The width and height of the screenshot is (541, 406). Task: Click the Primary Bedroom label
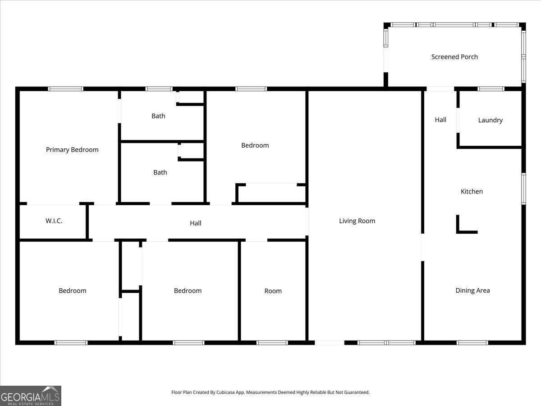pyautogui.click(x=72, y=150)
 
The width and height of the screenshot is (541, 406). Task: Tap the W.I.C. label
pyautogui.click(x=54, y=221)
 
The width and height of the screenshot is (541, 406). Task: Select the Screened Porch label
pyautogui.click(x=454, y=57)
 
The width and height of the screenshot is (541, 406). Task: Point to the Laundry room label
pyautogui.click(x=490, y=120)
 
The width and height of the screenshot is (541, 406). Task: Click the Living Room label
pyautogui.click(x=357, y=221)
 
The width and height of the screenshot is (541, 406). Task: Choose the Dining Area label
pyautogui.click(x=472, y=291)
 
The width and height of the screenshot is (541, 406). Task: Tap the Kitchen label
pyautogui.click(x=472, y=192)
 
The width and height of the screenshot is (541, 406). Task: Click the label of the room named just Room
pyautogui.click(x=273, y=291)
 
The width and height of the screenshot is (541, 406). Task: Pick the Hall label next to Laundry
pyautogui.click(x=440, y=120)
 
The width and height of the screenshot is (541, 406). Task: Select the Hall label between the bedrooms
pyautogui.click(x=196, y=223)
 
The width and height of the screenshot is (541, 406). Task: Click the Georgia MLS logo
pyautogui.click(x=31, y=396)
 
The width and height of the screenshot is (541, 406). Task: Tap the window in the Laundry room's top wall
pyautogui.click(x=491, y=89)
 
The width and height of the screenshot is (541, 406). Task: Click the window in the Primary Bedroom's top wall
pyautogui.click(x=65, y=89)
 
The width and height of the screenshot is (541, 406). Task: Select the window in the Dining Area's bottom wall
pyautogui.click(x=472, y=343)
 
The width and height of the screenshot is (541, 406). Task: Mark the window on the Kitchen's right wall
pyautogui.click(x=524, y=189)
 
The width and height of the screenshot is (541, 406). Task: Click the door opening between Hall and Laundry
pyautogui.click(x=458, y=120)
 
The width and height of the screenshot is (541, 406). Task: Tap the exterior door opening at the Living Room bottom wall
pyautogui.click(x=330, y=343)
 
